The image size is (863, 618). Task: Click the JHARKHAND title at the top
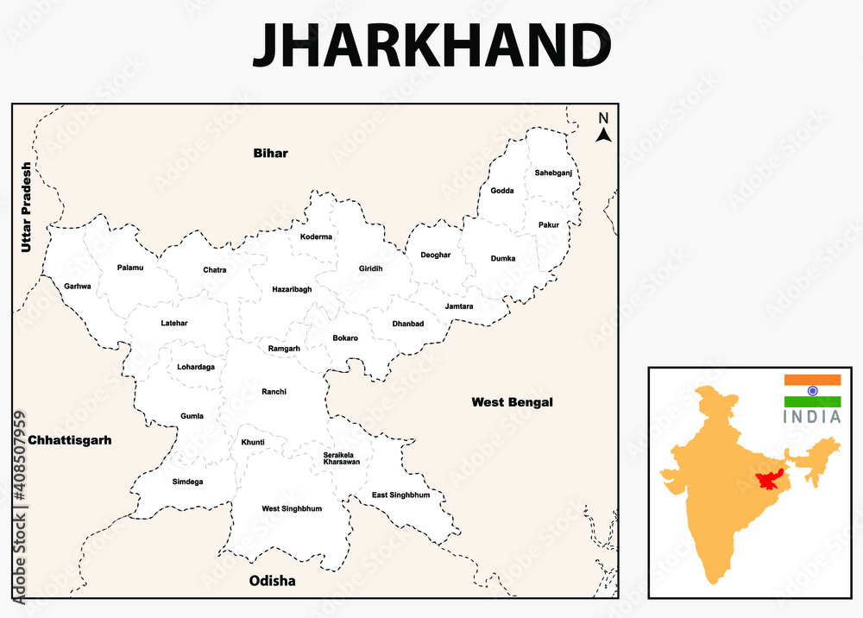(431, 45)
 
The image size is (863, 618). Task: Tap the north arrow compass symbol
(604, 128)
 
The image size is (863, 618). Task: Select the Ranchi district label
(274, 392)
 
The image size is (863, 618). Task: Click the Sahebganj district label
(553, 173)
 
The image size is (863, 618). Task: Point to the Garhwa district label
(77, 286)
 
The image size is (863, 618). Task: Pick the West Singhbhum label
(292, 508)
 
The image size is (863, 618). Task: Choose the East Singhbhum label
(400, 495)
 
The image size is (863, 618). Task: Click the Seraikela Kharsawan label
(342, 458)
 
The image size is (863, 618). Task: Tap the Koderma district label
(316, 236)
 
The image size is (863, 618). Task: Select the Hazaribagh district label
(292, 289)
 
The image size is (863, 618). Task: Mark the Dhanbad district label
(408, 324)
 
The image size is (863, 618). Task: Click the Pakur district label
(549, 225)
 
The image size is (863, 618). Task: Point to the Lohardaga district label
(196, 367)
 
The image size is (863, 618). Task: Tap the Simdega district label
(187, 482)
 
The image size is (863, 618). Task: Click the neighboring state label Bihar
(270, 154)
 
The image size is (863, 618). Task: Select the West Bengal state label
(512, 402)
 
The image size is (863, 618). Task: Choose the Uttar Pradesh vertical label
(26, 207)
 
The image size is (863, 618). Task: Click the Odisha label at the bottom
(272, 581)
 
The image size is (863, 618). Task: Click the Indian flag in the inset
(812, 391)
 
